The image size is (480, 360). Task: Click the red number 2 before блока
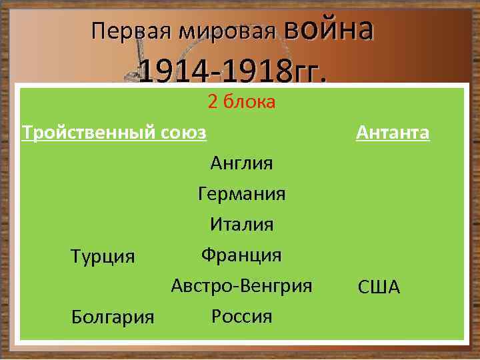(213, 102)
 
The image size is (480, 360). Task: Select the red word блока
(250, 102)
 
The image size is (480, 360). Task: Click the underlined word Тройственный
(89, 133)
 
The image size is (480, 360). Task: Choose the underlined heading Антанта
(393, 133)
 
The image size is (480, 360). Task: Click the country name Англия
(241, 163)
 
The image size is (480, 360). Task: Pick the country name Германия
(241, 194)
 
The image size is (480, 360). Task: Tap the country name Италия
(241, 225)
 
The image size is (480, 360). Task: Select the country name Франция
(241, 255)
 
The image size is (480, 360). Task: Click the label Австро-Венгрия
(241, 286)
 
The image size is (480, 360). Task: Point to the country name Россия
(241, 316)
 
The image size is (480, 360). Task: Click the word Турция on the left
(103, 257)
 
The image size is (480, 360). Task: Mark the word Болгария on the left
(113, 317)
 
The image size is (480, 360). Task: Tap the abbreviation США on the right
(379, 288)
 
